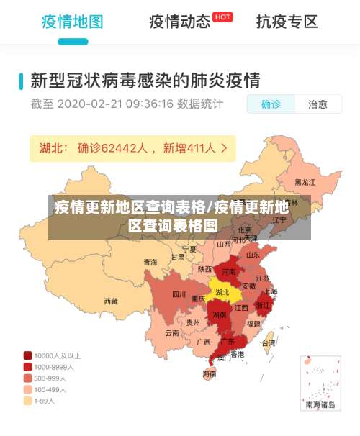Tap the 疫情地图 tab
click(72, 22)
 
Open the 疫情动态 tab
click(180, 22)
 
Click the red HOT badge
click(223, 17)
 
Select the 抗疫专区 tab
click(287, 22)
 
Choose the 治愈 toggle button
click(318, 104)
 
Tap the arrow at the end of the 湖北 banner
click(225, 148)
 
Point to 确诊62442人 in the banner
click(113, 148)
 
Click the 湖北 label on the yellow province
click(222, 293)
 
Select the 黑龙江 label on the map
click(305, 183)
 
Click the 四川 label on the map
click(179, 294)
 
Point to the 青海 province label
click(150, 262)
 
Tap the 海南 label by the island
click(209, 373)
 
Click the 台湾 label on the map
click(268, 343)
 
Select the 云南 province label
click(172, 333)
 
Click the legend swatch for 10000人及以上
click(27, 355)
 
